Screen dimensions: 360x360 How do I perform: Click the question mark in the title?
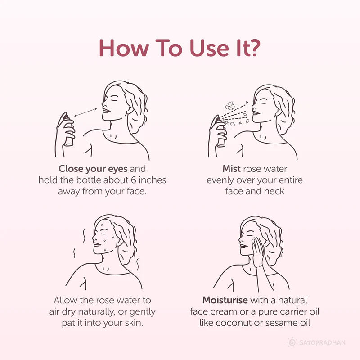click(253, 48)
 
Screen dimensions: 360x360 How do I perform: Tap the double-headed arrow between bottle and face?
click(85, 112)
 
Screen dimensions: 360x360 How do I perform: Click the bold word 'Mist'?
click(232, 169)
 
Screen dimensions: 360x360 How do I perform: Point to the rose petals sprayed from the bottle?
click(231, 107)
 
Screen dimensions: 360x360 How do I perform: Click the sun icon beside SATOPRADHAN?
click(292, 343)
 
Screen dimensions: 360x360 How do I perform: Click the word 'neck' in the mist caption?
click(274, 191)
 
